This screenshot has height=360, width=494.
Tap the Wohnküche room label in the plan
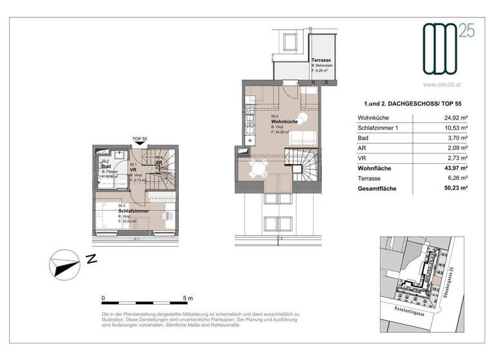click(284, 121)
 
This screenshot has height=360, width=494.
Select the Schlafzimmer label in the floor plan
click(134, 210)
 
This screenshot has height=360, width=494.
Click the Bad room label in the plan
click(106, 166)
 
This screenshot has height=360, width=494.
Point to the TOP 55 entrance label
click(140, 139)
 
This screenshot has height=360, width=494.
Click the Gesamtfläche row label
click(377, 190)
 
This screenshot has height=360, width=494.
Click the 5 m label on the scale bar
click(188, 298)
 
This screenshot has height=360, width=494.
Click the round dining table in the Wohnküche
click(259, 169)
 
